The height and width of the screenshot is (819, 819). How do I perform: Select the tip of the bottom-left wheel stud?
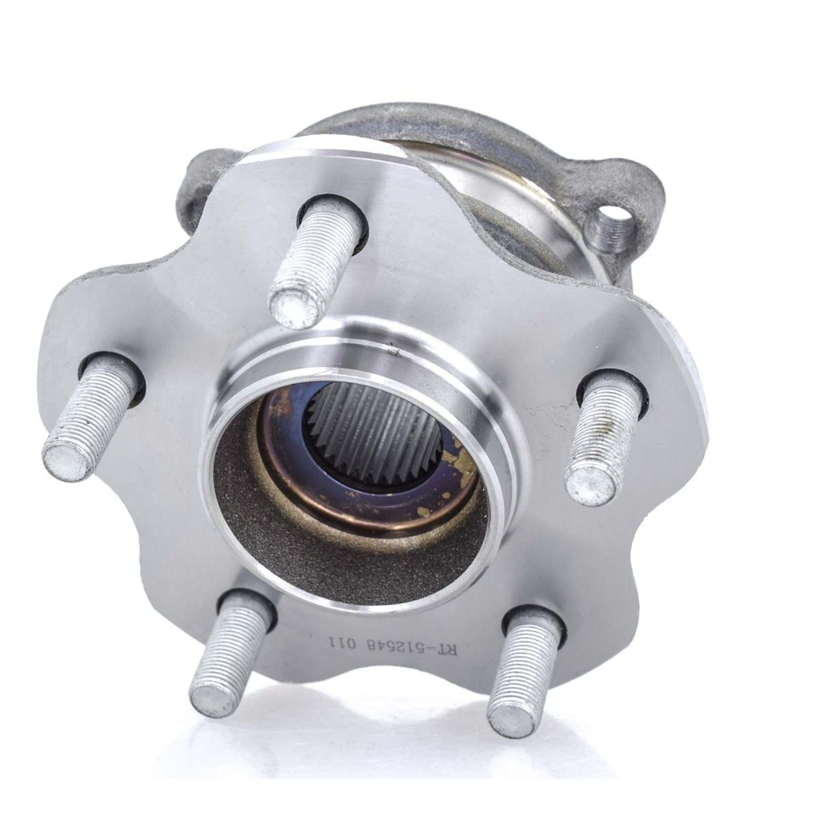tap(212, 701)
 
